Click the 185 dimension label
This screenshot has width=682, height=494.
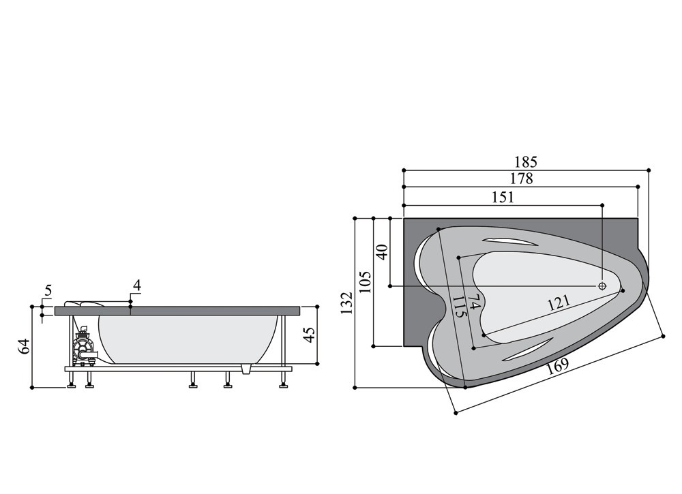click(526, 162)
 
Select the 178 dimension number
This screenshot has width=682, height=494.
click(522, 179)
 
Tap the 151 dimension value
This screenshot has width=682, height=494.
click(503, 197)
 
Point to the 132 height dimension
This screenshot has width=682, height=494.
click(346, 303)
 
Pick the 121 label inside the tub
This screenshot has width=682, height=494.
click(559, 302)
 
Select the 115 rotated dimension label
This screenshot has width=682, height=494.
click(459, 307)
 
